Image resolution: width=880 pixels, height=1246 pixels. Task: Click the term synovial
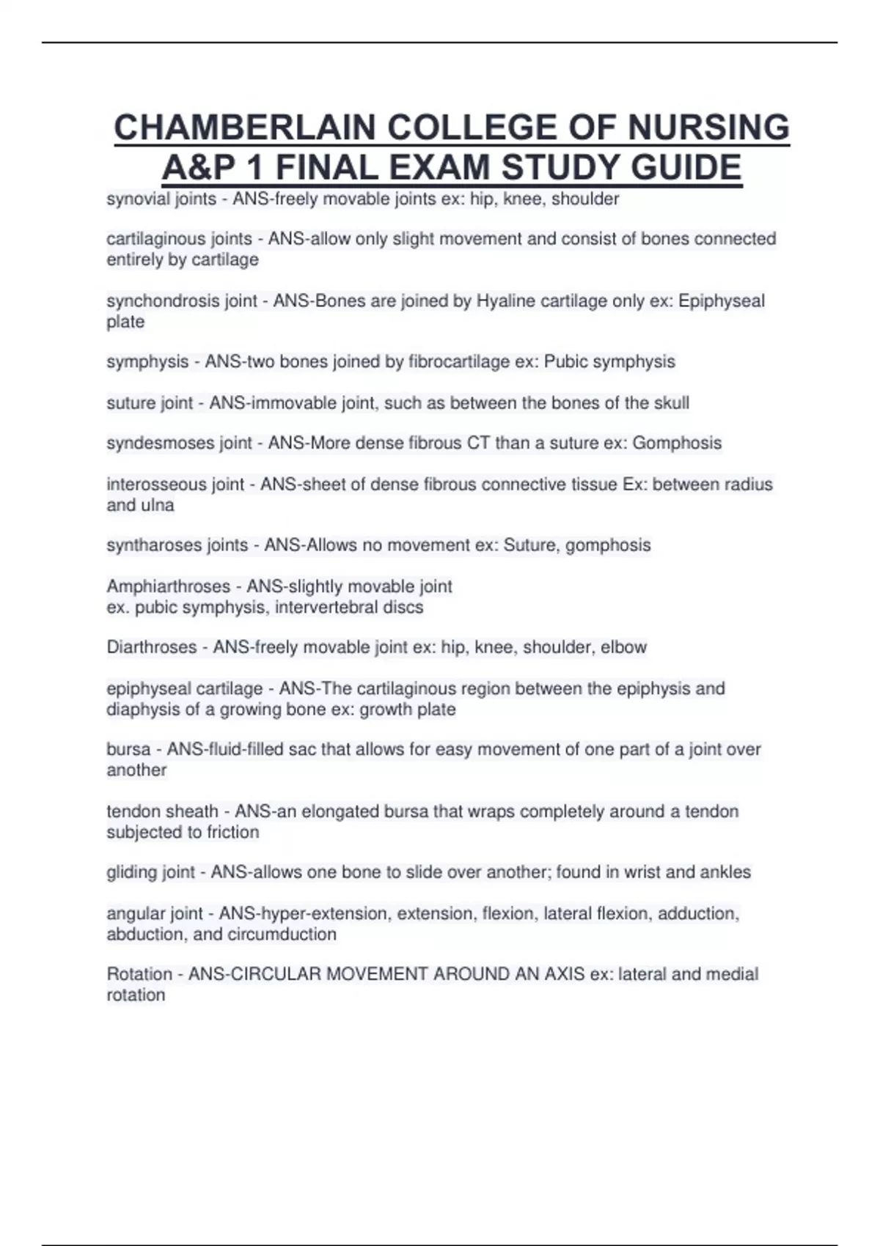click(135, 199)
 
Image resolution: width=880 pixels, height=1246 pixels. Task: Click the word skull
click(670, 403)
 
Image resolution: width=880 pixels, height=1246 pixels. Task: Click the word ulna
click(158, 505)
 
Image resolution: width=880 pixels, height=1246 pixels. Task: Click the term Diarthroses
click(152, 647)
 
